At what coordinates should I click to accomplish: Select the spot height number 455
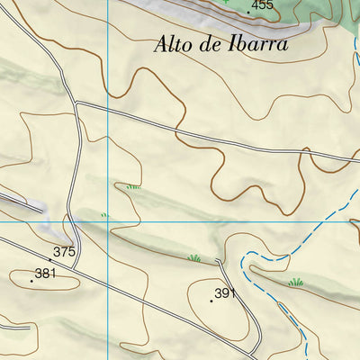coord(262,5)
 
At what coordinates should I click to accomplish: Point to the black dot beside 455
coord(248,13)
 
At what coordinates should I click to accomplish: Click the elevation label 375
coord(64,252)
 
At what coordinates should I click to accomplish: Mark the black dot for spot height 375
coord(49,259)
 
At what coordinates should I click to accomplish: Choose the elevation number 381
coord(45,273)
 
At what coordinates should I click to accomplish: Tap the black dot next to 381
coord(31,280)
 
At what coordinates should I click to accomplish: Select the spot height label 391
coord(225,293)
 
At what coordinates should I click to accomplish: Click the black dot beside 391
coord(211,300)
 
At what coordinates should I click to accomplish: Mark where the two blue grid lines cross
coord(107,220)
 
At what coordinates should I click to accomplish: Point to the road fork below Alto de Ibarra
coord(77,104)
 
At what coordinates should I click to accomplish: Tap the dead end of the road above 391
coord(220,261)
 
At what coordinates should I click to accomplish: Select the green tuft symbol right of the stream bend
coord(295,283)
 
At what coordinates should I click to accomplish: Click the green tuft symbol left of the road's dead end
coord(193,259)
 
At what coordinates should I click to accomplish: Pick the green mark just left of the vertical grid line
coord(103,215)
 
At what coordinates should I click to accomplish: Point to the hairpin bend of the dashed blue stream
coord(245,264)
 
